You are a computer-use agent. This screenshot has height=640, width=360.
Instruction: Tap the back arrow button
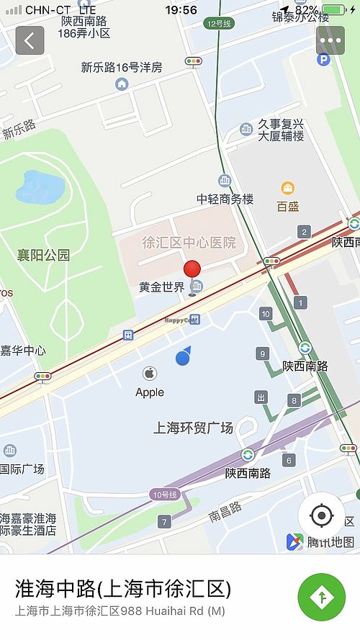[x=30, y=41]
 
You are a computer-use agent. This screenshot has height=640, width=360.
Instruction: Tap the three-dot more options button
[x=330, y=41]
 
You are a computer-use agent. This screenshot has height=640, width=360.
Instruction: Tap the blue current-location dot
[x=184, y=357]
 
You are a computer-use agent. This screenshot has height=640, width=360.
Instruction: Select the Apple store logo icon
[x=150, y=374]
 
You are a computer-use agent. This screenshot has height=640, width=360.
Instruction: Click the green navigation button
[x=321, y=597]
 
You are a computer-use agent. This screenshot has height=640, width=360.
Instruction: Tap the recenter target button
[x=321, y=515]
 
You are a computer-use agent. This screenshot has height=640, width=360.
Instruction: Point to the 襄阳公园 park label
[x=44, y=255]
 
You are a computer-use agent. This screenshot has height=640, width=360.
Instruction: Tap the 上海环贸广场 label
[x=194, y=428]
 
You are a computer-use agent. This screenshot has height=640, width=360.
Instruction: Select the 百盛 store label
[x=288, y=207]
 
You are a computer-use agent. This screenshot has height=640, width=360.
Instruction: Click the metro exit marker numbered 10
[x=266, y=313]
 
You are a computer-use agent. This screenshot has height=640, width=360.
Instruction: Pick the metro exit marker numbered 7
[x=165, y=521]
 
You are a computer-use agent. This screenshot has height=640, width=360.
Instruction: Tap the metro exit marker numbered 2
[x=304, y=232]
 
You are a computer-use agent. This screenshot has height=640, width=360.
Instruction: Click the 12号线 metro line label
[x=218, y=23]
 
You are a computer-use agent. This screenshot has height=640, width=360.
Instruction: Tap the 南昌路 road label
[x=225, y=513]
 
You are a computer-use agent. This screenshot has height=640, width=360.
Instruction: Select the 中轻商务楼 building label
[x=225, y=199]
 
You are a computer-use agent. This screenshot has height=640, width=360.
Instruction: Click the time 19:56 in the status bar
[x=181, y=10]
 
